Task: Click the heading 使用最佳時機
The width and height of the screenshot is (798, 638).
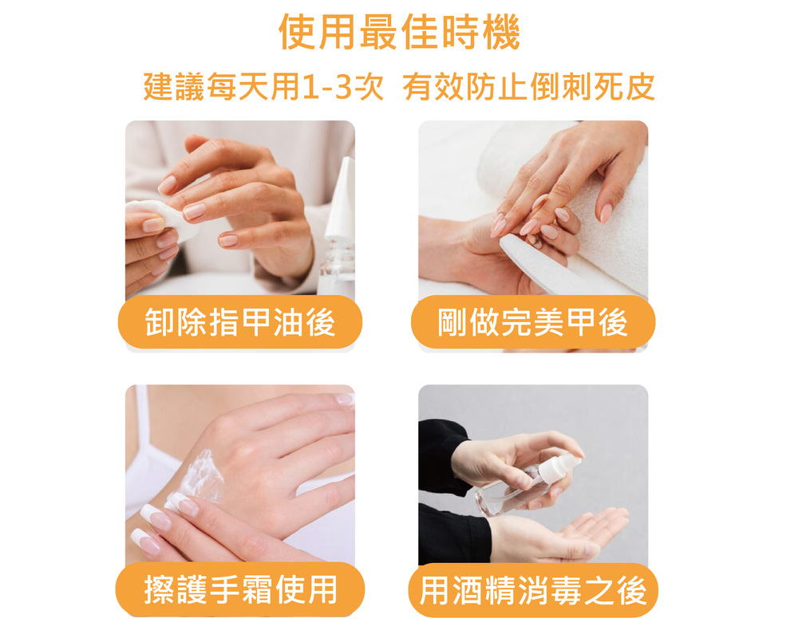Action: (400, 32)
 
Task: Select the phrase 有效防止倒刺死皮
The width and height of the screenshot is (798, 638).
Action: (529, 86)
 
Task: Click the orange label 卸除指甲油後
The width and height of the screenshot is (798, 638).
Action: (239, 322)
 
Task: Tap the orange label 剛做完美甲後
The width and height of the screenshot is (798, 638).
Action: (533, 322)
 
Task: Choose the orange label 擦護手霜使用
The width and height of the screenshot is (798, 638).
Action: (239, 589)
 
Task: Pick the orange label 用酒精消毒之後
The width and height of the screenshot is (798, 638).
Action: (533, 590)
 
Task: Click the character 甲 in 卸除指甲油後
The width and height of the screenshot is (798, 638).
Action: (257, 322)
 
